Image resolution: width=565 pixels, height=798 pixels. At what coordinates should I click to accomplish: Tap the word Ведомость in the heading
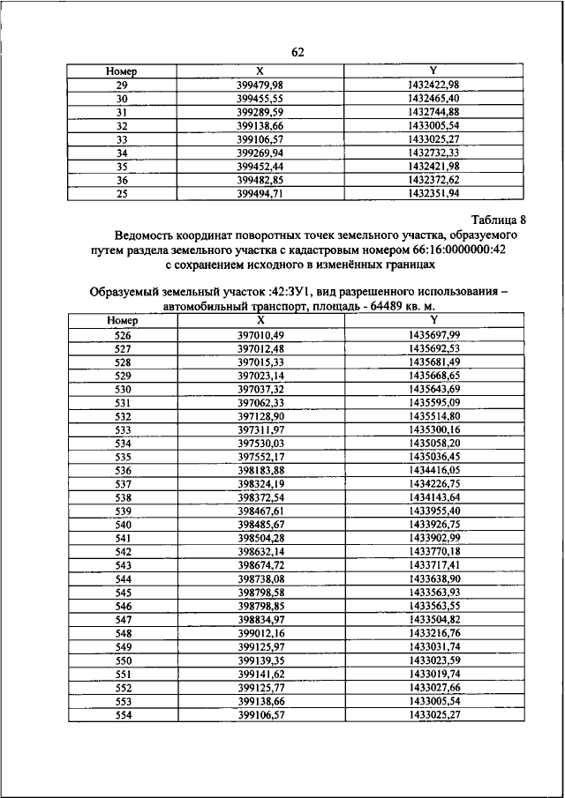tap(151, 235)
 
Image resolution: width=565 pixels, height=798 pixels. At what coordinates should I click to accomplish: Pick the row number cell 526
tap(123, 336)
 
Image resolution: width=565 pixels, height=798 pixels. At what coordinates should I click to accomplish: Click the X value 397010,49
tap(260, 336)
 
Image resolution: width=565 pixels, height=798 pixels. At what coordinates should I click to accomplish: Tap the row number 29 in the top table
tap(123, 84)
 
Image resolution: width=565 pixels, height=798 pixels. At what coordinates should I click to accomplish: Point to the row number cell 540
tap(123, 525)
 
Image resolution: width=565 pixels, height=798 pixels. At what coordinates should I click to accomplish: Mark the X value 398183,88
tap(260, 471)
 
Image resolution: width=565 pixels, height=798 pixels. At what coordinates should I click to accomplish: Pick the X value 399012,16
tap(260, 633)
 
